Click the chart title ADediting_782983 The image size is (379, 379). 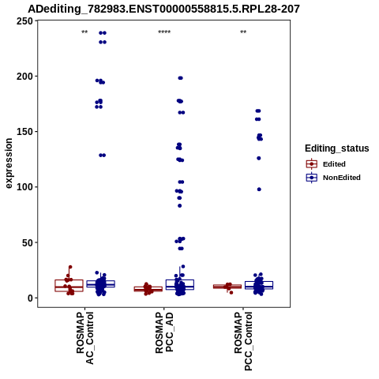pyautogui.click(x=163, y=9)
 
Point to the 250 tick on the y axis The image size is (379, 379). pyautogui.click(x=24, y=21)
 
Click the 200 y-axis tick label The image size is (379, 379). pyautogui.click(x=24, y=77)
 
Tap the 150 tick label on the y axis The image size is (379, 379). pyautogui.click(x=24, y=132)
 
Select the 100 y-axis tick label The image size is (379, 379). pyautogui.click(x=24, y=187)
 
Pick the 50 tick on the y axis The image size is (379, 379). pyautogui.click(x=28, y=242)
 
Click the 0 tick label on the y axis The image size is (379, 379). pyautogui.click(x=30, y=298)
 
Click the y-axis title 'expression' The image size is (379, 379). pyautogui.click(x=9, y=163)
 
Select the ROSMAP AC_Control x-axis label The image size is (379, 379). pyautogui.click(x=84, y=338)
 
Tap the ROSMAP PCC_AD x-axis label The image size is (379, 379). pyautogui.click(x=164, y=332)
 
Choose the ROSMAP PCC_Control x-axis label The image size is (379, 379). pyautogui.click(x=243, y=341)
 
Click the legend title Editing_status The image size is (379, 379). pyautogui.click(x=337, y=148)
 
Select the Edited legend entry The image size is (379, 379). pyautogui.click(x=326, y=164)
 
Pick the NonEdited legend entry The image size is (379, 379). pyautogui.click(x=333, y=178)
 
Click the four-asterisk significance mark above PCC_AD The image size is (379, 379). pyautogui.click(x=164, y=32)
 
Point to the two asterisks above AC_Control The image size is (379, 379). pyautogui.click(x=84, y=32)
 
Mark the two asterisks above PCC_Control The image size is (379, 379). pyautogui.click(x=243, y=32)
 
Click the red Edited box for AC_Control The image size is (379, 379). pyautogui.click(x=69, y=286)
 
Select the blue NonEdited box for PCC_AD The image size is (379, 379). pyautogui.click(x=180, y=285)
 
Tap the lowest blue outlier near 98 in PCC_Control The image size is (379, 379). pyautogui.click(x=259, y=189)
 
